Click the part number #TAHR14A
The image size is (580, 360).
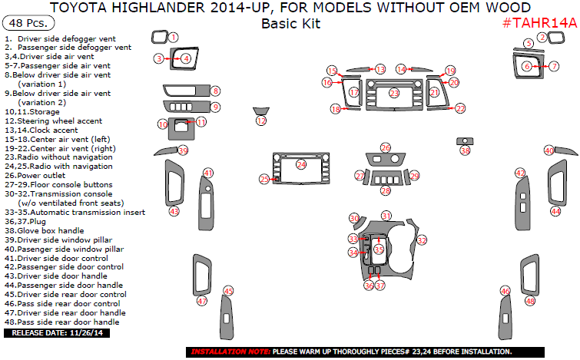click(x=539, y=23)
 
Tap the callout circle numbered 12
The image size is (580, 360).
click(x=261, y=121)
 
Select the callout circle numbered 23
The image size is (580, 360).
click(x=394, y=93)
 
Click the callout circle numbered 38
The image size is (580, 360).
click(x=465, y=151)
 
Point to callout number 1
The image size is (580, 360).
click(x=174, y=36)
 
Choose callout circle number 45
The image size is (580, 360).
click(x=228, y=291)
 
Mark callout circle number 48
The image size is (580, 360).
click(x=530, y=302)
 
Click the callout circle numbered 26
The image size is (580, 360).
click(x=386, y=147)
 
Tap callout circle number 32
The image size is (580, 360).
click(x=422, y=241)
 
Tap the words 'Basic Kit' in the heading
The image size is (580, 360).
click(x=290, y=23)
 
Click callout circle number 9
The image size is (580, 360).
click(x=216, y=107)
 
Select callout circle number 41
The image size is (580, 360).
click(x=208, y=173)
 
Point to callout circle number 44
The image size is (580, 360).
click(x=555, y=210)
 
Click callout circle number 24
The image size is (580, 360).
click(x=301, y=164)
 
